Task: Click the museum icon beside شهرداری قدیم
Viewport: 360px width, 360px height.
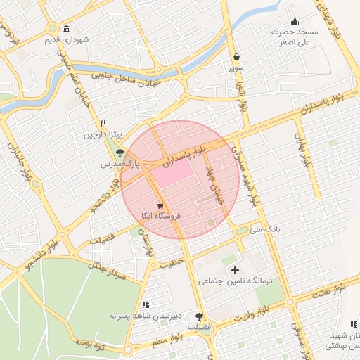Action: [66, 29]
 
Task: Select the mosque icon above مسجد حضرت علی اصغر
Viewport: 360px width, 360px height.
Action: [295, 20]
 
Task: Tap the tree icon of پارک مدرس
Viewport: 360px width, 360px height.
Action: [119, 151]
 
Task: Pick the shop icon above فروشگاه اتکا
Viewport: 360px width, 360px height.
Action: [151, 205]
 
